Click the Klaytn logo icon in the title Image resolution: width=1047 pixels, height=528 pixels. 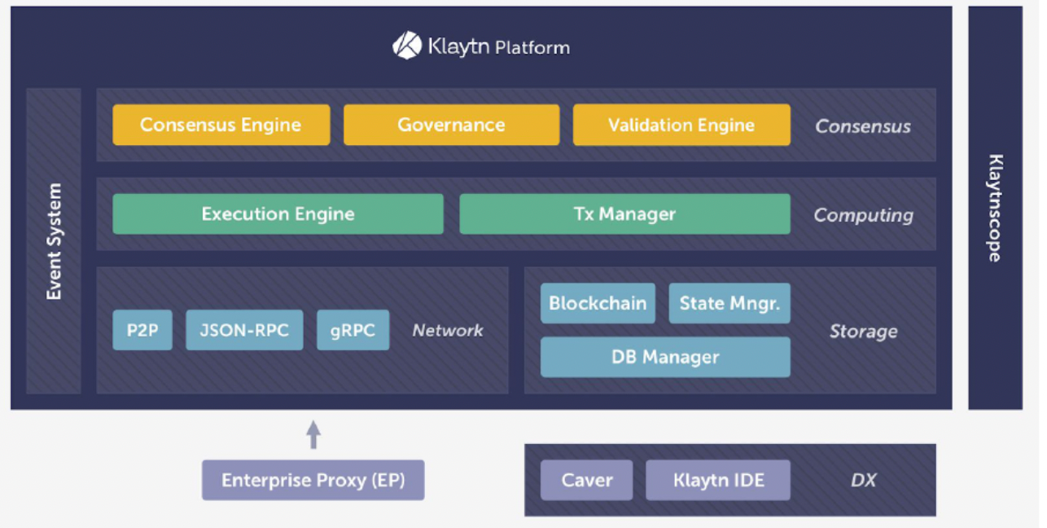(407, 46)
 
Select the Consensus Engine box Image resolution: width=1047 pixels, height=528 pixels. (221, 125)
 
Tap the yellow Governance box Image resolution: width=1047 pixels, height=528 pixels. (451, 125)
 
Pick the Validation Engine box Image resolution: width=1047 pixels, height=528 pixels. (681, 125)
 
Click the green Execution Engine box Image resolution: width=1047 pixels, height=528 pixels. (278, 214)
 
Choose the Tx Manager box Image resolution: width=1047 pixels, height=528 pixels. (624, 214)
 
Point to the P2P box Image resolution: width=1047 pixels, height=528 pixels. (142, 330)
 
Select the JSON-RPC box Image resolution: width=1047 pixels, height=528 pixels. (244, 330)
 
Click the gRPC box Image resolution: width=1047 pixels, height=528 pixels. (353, 330)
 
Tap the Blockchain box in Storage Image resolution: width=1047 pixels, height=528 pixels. (598, 303)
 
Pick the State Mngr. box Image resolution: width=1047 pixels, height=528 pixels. (729, 303)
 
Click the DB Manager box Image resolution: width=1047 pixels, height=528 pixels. (665, 357)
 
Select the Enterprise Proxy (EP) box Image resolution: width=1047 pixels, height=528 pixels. (313, 480)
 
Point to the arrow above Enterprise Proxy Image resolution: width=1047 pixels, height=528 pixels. (313, 434)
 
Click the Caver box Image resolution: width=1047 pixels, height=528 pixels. (586, 480)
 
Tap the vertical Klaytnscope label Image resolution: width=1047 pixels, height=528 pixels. (995, 208)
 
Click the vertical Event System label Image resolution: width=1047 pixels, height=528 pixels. (54, 241)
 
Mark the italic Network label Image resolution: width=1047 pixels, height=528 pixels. (447, 330)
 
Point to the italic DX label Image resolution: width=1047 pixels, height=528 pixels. (863, 480)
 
